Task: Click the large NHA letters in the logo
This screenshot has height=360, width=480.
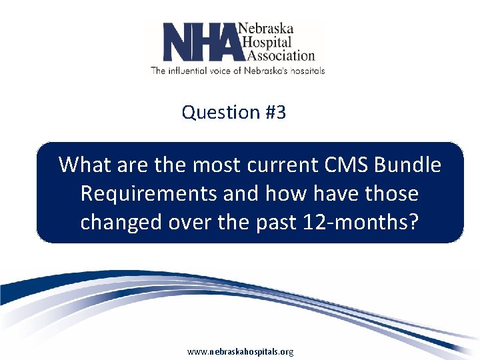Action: click(x=200, y=42)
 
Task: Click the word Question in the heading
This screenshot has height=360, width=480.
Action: click(x=219, y=113)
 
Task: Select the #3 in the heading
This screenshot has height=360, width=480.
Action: click(x=275, y=113)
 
